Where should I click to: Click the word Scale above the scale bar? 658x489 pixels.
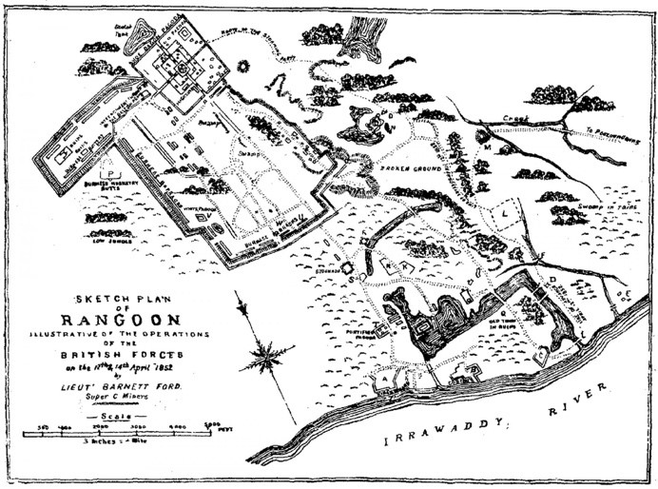(x=115, y=416)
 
